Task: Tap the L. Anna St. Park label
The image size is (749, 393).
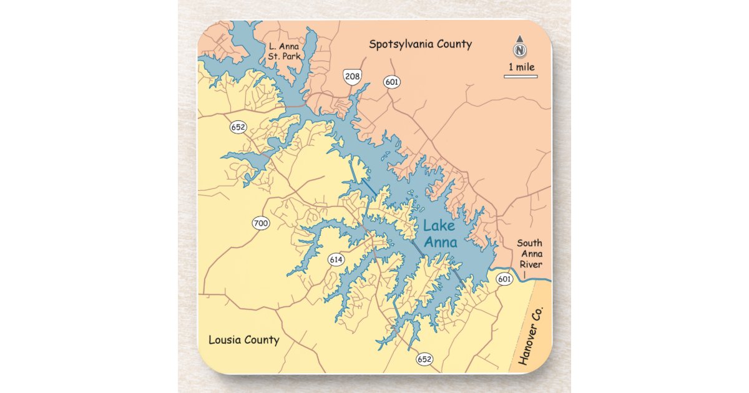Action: pos(284,51)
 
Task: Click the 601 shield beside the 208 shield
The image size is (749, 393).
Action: pos(392,82)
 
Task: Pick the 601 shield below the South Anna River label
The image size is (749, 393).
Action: pos(504,279)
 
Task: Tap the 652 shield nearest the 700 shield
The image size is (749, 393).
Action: pos(238,127)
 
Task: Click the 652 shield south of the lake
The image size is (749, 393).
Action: pos(424,359)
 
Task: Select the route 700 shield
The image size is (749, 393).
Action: pos(261,223)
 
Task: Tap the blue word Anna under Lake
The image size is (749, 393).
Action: pos(441,243)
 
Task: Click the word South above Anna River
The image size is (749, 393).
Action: pos(529,243)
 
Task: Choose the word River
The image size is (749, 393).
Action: pos(529,264)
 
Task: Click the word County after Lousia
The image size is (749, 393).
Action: pos(261,340)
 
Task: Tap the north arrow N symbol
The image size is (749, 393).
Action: pos(520,49)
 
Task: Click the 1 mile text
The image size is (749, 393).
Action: pos(521,67)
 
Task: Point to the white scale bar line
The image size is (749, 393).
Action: pos(521,77)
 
